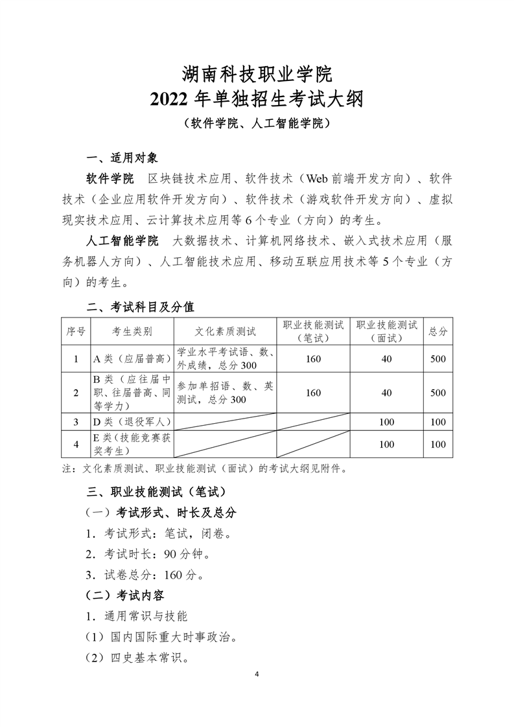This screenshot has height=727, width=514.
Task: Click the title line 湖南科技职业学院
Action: tap(257, 72)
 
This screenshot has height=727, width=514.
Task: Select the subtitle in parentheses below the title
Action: tap(257, 123)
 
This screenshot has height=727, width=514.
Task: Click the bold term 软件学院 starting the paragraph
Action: tap(110, 178)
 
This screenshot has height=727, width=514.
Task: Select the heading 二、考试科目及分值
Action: tap(140, 305)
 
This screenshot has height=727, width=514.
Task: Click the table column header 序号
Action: tap(76, 331)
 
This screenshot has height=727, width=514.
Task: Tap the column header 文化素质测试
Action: tap(225, 331)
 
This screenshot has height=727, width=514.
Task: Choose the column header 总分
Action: tap(438, 331)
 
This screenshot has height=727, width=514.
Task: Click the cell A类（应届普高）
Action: tap(132, 359)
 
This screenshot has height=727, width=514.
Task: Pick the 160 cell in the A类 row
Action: tap(313, 359)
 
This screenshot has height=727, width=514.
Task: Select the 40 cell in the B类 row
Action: tap(386, 393)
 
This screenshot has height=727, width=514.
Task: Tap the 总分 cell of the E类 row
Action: tap(438, 444)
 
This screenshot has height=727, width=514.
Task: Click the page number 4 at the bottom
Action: tap(257, 675)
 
